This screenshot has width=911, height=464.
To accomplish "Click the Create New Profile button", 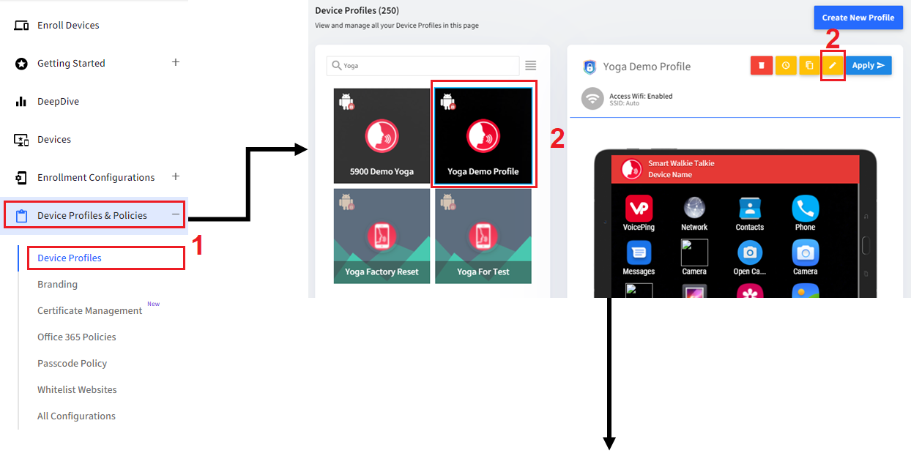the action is pos(858,18).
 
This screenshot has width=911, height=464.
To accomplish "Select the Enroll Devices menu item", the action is pos(68,26).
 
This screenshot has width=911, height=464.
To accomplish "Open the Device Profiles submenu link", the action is pos(70,258).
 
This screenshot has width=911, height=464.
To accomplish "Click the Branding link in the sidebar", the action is pos(57,285).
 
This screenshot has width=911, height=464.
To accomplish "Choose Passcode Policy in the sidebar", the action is pos(72,364).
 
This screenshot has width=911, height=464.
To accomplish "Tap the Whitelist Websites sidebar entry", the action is pos(77,390).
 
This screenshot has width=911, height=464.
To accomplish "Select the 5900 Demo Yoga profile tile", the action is pos(382,136).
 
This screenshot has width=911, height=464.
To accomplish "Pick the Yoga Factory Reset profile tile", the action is pos(382,236).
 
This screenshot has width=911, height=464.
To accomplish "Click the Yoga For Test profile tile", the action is pos(483,236).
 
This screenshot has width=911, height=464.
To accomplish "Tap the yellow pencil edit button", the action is pos(832,66).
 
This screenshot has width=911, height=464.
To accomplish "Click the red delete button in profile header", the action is pos(762,66).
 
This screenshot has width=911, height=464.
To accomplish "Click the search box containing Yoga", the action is pos(423,66).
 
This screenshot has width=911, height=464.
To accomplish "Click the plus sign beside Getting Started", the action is pos(176,62).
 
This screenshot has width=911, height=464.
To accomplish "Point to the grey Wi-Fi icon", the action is pos(592,99).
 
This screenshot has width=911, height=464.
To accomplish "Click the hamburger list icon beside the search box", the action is pos(531,66).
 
